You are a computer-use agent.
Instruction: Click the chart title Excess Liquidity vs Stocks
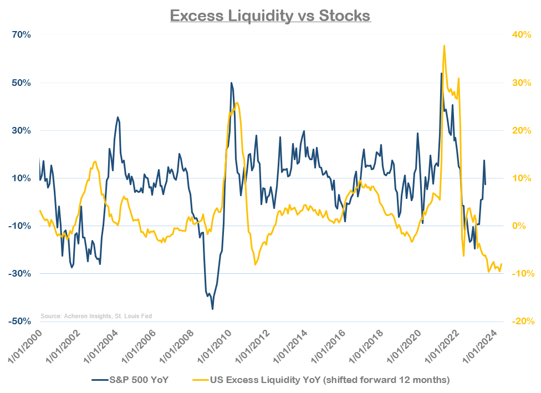point(270,15)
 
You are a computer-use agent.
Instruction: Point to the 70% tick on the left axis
point(22,35)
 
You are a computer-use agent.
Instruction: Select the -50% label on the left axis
point(21,321)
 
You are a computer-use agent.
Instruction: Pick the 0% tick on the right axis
point(517,226)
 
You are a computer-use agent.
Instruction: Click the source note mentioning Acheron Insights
point(96,316)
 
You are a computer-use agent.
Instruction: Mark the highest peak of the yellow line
point(444,46)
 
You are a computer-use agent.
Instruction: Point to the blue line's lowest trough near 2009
point(212,309)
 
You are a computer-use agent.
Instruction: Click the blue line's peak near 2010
point(231,83)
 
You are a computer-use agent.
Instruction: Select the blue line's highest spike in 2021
point(441,73)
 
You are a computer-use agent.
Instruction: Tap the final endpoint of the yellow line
point(502,264)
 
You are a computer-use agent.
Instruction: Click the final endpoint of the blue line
point(486,185)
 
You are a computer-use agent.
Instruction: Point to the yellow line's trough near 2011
point(255,264)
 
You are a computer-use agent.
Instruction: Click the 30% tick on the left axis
point(22,131)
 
